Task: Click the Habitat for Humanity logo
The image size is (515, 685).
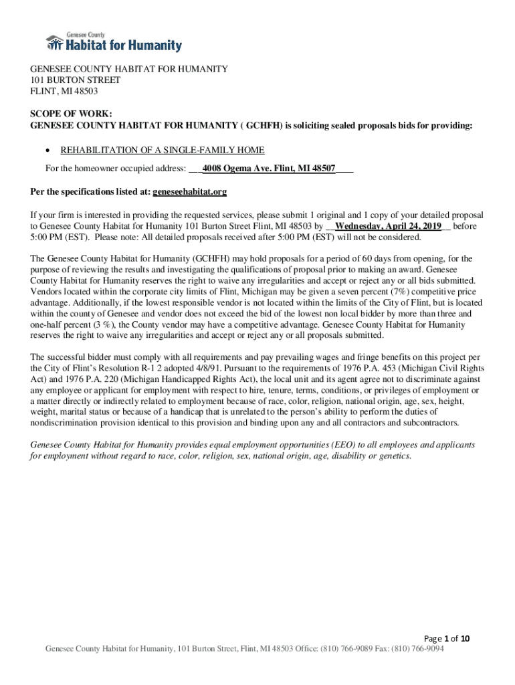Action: pyautogui.click(x=114, y=43)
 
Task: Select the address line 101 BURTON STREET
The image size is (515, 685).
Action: pyautogui.click(x=75, y=80)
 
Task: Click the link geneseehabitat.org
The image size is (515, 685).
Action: pyautogui.click(x=190, y=191)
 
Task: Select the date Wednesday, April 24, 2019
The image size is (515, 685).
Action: pyautogui.click(x=388, y=227)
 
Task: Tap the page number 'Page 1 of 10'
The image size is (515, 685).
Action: pyautogui.click(x=447, y=638)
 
